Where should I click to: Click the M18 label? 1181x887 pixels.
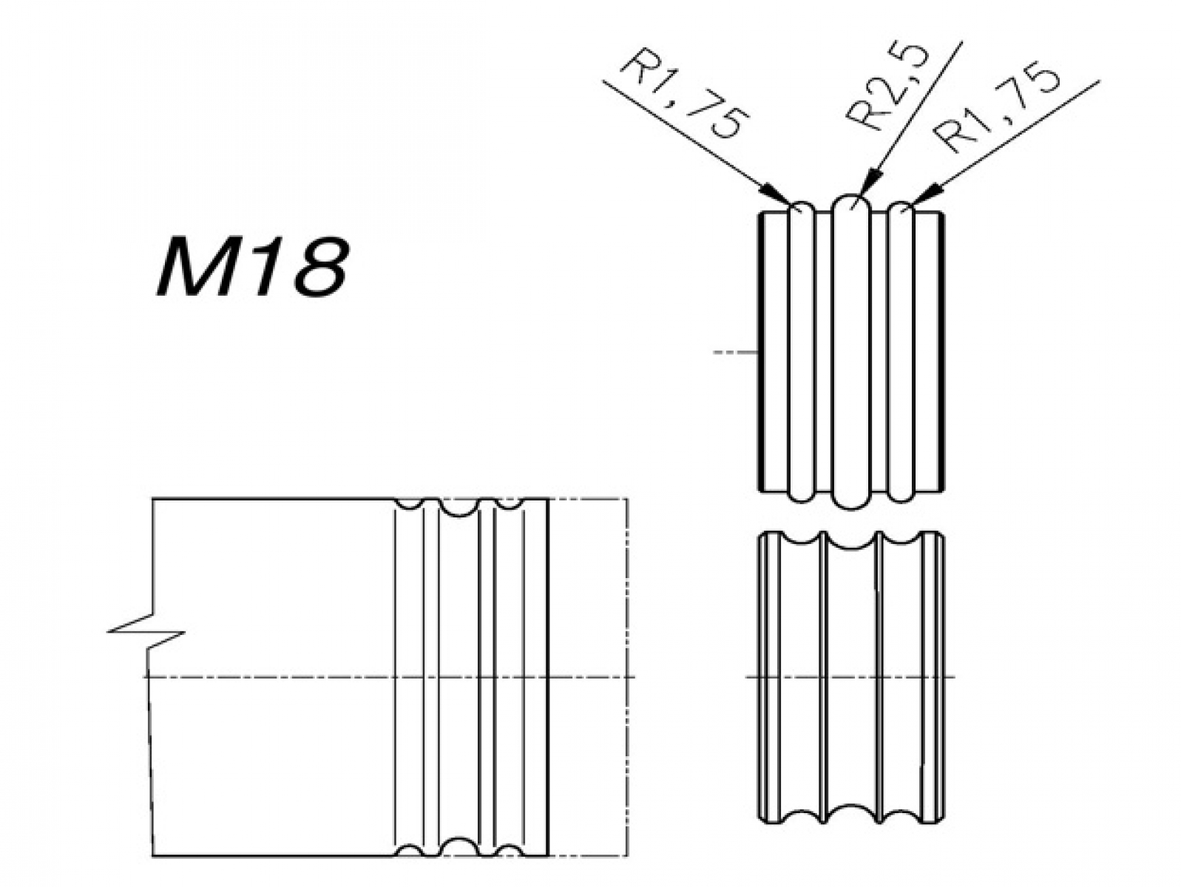pyautogui.click(x=251, y=267)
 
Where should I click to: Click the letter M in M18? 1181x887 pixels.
pyautogui.click(x=194, y=267)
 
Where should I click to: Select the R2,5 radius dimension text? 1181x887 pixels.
pyautogui.click(x=886, y=86)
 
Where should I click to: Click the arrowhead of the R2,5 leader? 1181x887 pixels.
pyautogui.click(x=869, y=183)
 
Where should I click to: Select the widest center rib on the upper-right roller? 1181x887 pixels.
pyautogui.click(x=850, y=351)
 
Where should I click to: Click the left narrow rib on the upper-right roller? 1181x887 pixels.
pyautogui.click(x=801, y=352)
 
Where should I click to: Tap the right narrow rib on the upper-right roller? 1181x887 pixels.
pyautogui.click(x=901, y=352)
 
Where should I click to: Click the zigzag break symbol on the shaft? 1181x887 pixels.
pyautogui.click(x=146, y=631)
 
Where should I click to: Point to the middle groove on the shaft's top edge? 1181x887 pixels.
pyautogui.click(x=458, y=508)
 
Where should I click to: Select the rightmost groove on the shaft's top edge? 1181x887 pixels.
pyautogui.click(x=507, y=503)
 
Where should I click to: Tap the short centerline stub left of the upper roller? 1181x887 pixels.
pyautogui.click(x=736, y=353)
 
